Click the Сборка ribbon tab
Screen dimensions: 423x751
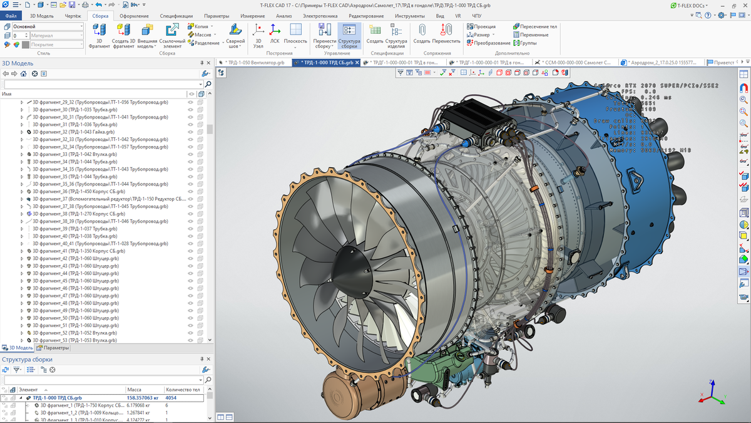click(100, 16)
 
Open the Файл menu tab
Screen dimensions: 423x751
click(11, 16)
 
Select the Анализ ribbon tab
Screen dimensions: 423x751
click(284, 16)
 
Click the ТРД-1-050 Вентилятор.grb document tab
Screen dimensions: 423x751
click(254, 63)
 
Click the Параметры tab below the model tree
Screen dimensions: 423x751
click(53, 348)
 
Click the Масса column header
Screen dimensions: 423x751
click(134, 389)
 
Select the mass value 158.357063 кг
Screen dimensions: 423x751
click(143, 397)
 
